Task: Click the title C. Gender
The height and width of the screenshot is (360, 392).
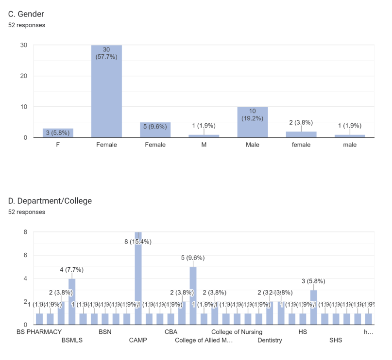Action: [x=30, y=14]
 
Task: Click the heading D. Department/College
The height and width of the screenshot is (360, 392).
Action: [x=50, y=201]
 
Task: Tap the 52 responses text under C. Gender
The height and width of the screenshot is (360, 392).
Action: [x=27, y=25]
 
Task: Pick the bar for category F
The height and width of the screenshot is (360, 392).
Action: [x=58, y=133]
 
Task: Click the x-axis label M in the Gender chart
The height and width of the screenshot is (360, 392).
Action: [x=204, y=145]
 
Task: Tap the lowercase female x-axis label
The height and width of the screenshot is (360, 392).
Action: [x=301, y=145]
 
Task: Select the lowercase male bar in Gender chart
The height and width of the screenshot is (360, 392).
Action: [x=349, y=136]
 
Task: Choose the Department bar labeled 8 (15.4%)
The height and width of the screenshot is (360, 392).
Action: [x=138, y=279]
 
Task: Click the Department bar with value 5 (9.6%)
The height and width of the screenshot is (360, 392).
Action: [x=193, y=295]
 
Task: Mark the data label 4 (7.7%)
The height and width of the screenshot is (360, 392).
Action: [x=72, y=269]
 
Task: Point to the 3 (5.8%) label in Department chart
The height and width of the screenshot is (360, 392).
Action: [x=313, y=281]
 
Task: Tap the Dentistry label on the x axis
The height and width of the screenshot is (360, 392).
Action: [x=270, y=340]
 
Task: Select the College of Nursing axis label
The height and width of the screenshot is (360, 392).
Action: [x=237, y=332]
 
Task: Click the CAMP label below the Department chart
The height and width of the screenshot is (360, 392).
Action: [x=138, y=340]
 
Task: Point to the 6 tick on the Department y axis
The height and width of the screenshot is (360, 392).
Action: [x=30, y=255]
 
